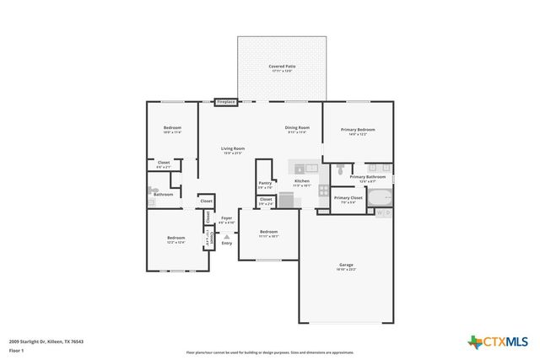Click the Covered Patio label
(282, 67)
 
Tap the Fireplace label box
(225, 102)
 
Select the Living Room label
(232, 150)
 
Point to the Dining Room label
(296, 129)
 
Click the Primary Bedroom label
(358, 131)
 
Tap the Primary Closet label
(348, 200)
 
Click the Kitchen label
(302, 182)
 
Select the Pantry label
(265, 184)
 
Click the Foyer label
(226, 219)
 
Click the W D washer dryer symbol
(384, 212)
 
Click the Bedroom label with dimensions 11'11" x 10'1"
(268, 233)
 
